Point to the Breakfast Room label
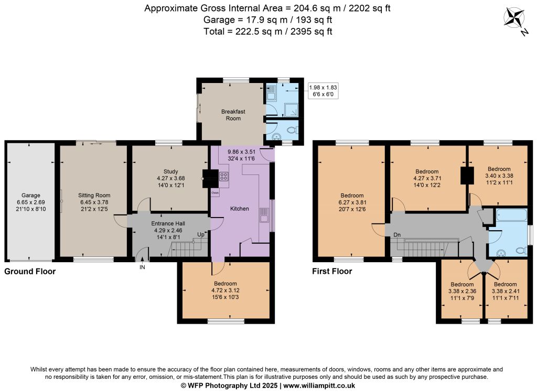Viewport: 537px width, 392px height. tap(233, 115)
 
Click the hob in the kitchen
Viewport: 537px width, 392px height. tap(223, 177)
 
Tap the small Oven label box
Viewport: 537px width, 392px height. tap(215, 193)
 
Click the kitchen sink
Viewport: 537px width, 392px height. tap(264, 215)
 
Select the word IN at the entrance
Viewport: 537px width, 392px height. tap(142, 267)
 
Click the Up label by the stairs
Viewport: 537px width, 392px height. tap(201, 234)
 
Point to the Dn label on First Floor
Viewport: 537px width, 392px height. tap(397, 235)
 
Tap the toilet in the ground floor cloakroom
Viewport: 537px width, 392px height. tap(293, 130)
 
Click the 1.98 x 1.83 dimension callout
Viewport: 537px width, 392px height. tap(323, 90)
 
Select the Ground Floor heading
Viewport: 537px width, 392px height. tap(30, 272)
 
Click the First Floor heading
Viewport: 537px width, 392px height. tap(332, 272)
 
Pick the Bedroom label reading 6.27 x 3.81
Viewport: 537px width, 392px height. tap(352, 202)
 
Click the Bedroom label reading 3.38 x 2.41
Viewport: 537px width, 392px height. tap(506, 291)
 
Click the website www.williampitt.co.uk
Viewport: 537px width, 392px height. tap(319, 386)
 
